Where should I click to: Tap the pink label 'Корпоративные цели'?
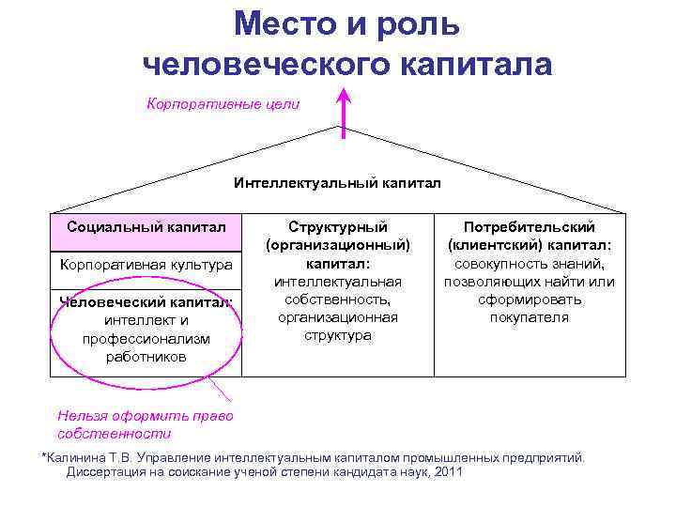pyautogui.click(x=223, y=104)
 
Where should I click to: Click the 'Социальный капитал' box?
pyautogui.click(x=146, y=226)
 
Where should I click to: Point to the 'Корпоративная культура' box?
pyautogui.click(x=146, y=265)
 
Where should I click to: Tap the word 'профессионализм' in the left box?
pyautogui.click(x=146, y=338)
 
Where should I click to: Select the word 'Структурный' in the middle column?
pyautogui.click(x=338, y=226)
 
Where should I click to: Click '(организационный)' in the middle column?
pyautogui.click(x=338, y=245)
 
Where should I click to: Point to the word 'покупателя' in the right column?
pyautogui.click(x=530, y=317)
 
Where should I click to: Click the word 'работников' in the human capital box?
pyautogui.click(x=146, y=357)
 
